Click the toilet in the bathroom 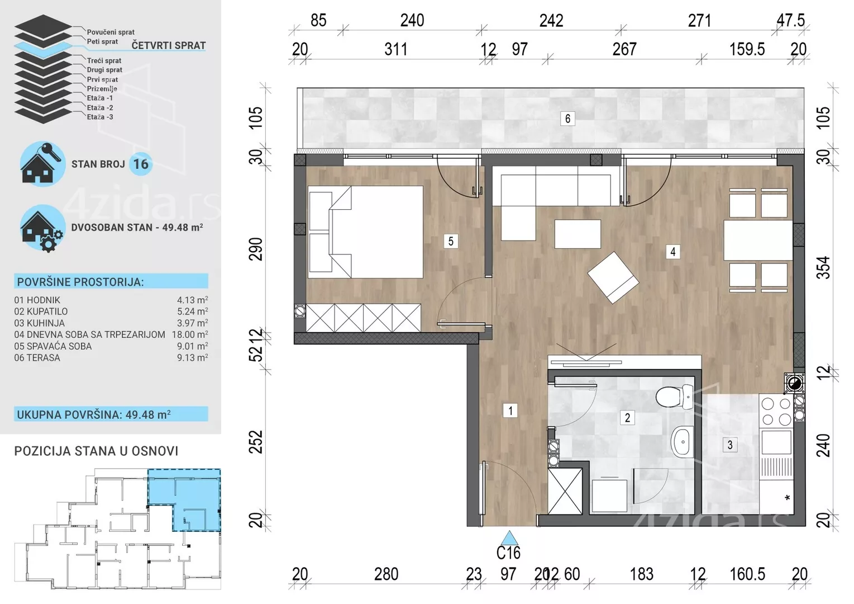675,397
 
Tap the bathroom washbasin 683,442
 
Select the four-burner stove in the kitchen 776,412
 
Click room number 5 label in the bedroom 451,241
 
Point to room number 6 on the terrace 567,119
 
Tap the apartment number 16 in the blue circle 141,164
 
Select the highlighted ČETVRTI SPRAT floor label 169,45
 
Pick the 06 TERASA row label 37,358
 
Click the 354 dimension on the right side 823,268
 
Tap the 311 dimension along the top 396,49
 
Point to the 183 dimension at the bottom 642,574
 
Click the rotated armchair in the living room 613,277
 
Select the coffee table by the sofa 578,234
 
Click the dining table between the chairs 758,240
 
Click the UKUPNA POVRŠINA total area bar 111,414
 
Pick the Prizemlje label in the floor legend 102,88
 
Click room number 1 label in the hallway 510,411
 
